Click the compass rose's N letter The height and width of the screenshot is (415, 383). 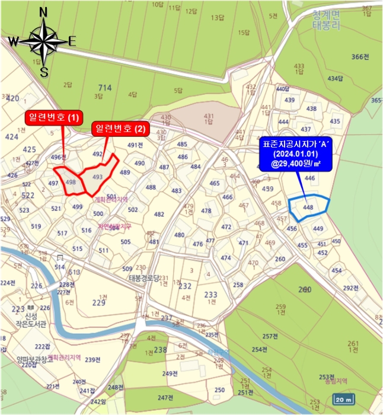(43, 12)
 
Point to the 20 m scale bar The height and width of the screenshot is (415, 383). (344, 398)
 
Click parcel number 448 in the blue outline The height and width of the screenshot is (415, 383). (308, 207)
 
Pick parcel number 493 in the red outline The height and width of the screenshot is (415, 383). (98, 177)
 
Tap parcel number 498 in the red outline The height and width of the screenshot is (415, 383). (71, 182)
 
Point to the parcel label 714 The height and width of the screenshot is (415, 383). (105, 88)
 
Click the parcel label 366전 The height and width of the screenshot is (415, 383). (360, 57)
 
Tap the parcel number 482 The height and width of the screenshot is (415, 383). (159, 215)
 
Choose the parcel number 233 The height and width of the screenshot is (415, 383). (210, 295)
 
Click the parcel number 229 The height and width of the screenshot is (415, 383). (99, 303)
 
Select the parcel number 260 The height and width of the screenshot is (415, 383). (305, 290)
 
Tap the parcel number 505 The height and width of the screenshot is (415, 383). (125, 241)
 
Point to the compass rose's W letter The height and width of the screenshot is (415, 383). (13, 41)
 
